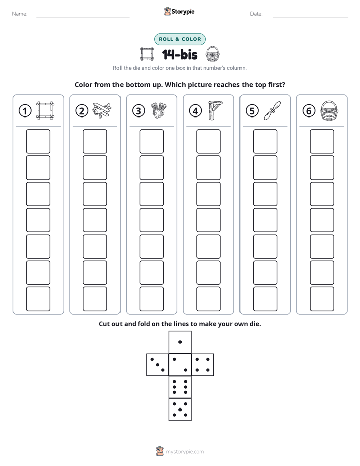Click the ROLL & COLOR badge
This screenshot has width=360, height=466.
click(179, 39)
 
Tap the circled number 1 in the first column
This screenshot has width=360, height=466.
click(25, 111)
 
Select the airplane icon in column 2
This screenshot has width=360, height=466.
click(102, 110)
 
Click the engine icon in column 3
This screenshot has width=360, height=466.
click(159, 111)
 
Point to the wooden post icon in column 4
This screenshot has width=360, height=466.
click(215, 110)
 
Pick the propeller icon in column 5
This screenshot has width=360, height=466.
click(272, 111)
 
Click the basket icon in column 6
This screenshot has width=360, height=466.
click(329, 110)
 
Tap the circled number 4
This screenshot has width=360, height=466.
click(195, 111)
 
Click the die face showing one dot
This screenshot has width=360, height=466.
click(180, 342)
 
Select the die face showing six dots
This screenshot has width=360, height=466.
click(180, 387)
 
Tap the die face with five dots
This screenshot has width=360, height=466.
click(180, 410)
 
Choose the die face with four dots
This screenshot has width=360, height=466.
click(203, 365)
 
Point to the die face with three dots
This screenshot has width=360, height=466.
click(158, 365)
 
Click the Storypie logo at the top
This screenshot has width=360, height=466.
click(179, 12)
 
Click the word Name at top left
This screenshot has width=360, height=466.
click(20, 14)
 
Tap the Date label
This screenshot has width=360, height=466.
click(256, 14)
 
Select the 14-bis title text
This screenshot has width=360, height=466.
click(179, 54)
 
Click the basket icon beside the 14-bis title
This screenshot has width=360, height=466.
click(213, 54)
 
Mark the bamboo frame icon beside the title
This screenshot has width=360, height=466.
click(147, 54)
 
